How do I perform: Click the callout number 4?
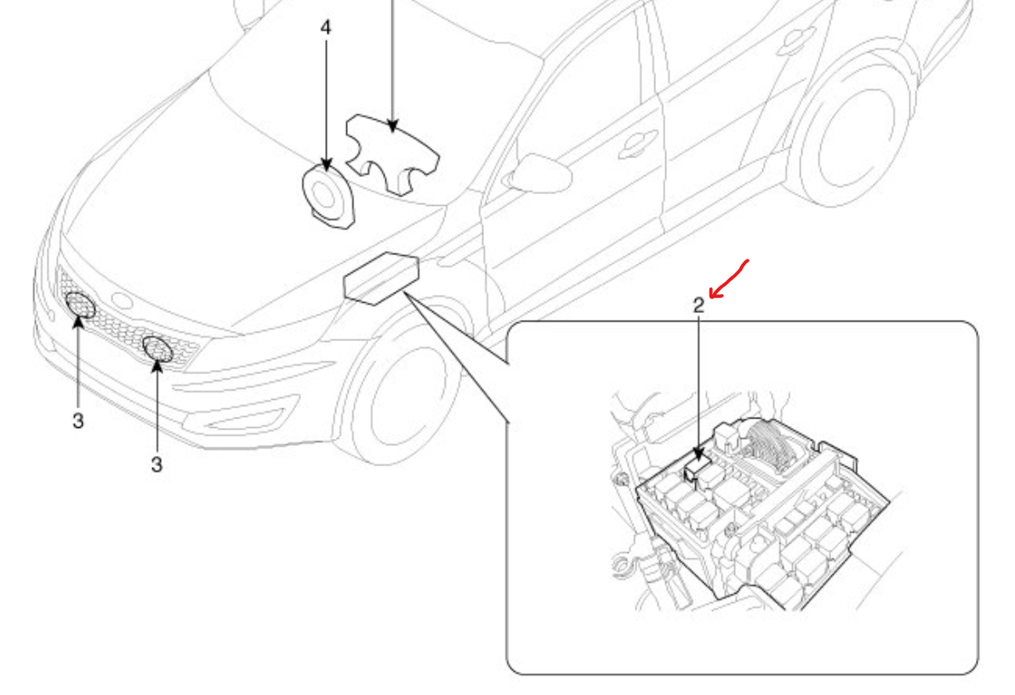point(326,27)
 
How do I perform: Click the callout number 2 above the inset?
point(699,306)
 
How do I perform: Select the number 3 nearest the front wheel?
point(157,465)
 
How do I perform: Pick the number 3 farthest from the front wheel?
point(77,421)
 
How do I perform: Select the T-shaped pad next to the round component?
point(391,153)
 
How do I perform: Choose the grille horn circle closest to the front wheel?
point(157,349)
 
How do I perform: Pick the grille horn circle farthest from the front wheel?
point(81,305)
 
